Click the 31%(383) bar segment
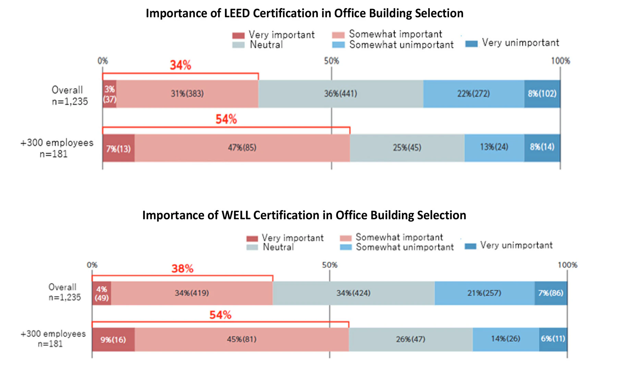point(187,94)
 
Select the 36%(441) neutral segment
point(340,94)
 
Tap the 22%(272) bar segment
point(473,94)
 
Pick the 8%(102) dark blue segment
point(542,94)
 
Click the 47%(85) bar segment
point(242,148)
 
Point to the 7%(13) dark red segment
point(118,148)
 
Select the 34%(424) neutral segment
point(353,293)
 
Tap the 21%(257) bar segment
point(484,293)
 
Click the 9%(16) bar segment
point(113,339)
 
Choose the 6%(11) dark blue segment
point(553,339)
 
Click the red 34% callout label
point(181,65)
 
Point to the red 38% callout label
point(182,269)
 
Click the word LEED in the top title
point(237,13)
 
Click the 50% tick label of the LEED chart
point(331,61)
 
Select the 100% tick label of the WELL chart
point(567,265)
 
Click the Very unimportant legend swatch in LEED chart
point(471,44)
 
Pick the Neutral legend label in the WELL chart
point(278,247)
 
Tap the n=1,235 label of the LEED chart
point(70,101)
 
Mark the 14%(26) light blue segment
point(506,339)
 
